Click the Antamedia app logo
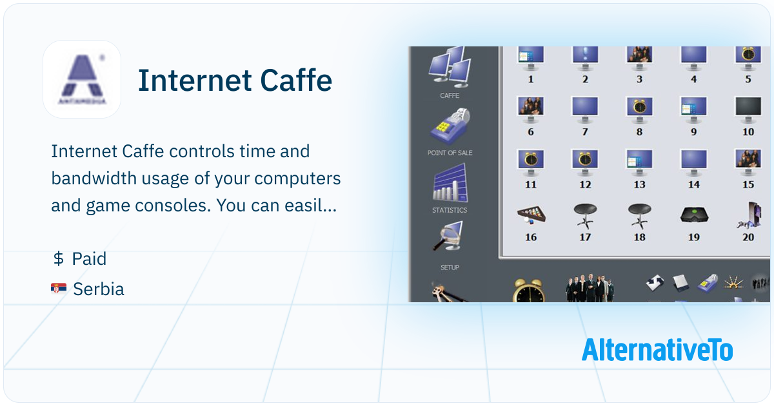82,79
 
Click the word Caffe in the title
296,81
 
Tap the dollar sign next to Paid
59,258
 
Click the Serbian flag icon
59,288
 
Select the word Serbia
99,289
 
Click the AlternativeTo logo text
657,350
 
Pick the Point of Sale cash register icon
450,126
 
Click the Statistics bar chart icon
450,183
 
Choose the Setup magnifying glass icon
448,237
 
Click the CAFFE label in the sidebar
450,95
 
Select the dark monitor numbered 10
748,110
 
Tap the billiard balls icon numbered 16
531,215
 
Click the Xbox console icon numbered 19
694,215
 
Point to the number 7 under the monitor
585,132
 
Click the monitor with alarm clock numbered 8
640,110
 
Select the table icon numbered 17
585,216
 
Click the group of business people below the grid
590,288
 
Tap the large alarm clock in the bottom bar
529,291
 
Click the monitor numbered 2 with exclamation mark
585,57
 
